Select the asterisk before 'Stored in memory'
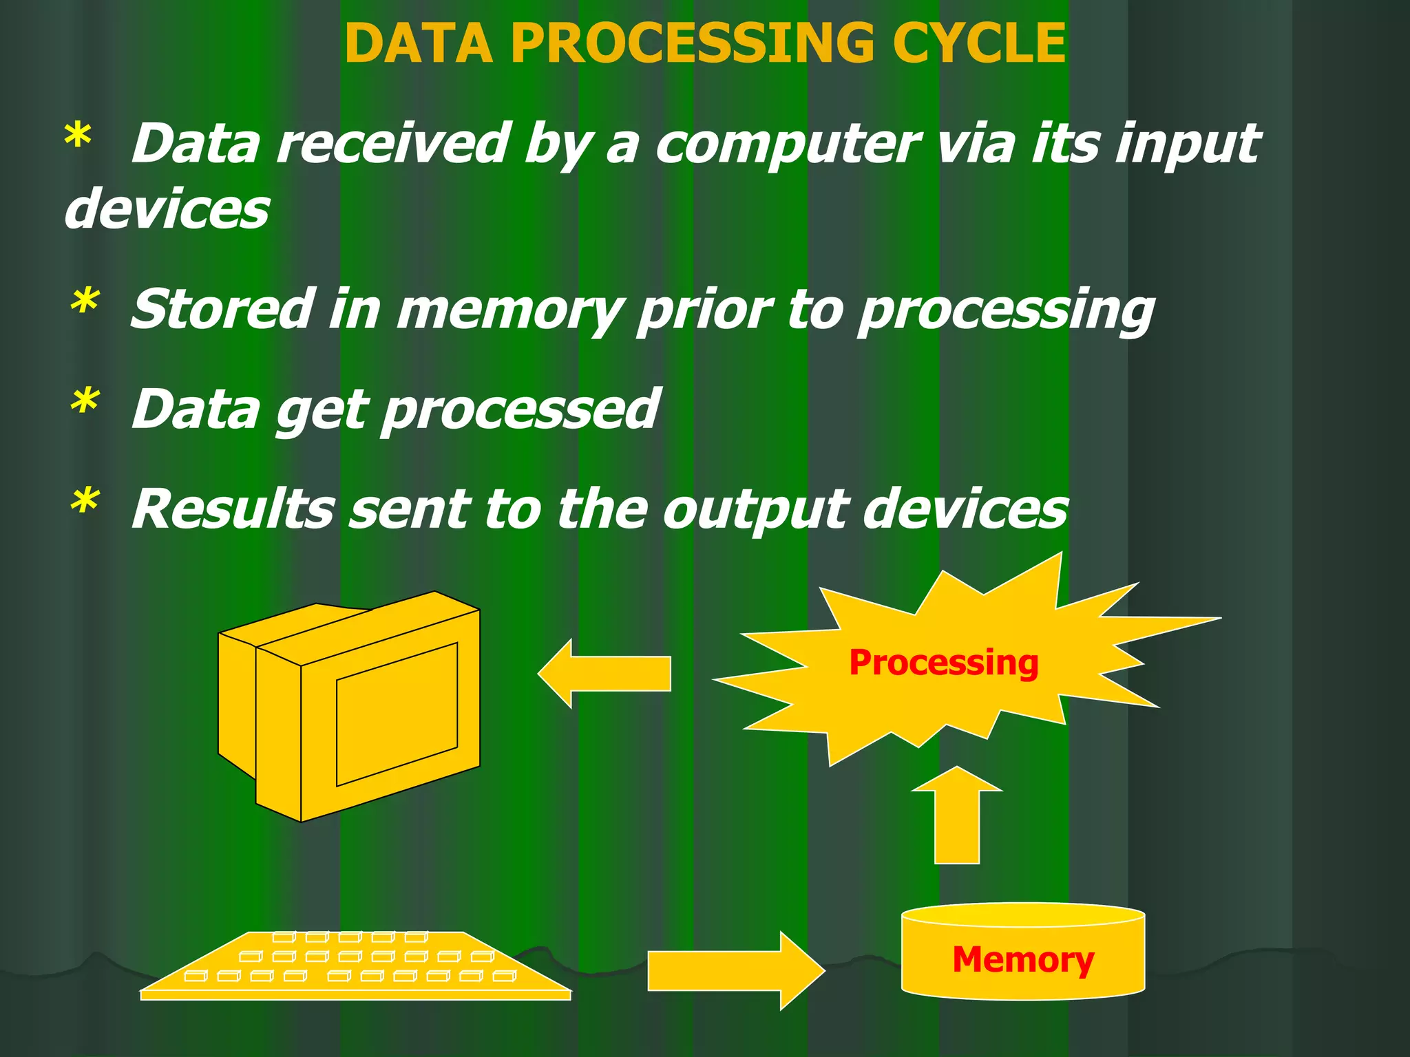(x=85, y=303)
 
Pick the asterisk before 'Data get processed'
(x=85, y=403)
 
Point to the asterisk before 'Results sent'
(x=85, y=502)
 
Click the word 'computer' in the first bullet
(x=787, y=145)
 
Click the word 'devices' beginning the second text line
(x=167, y=209)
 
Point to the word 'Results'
(x=233, y=510)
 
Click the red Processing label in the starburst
(x=943, y=663)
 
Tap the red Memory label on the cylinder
(x=1022, y=959)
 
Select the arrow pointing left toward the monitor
(x=604, y=673)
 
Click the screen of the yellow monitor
(x=397, y=714)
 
